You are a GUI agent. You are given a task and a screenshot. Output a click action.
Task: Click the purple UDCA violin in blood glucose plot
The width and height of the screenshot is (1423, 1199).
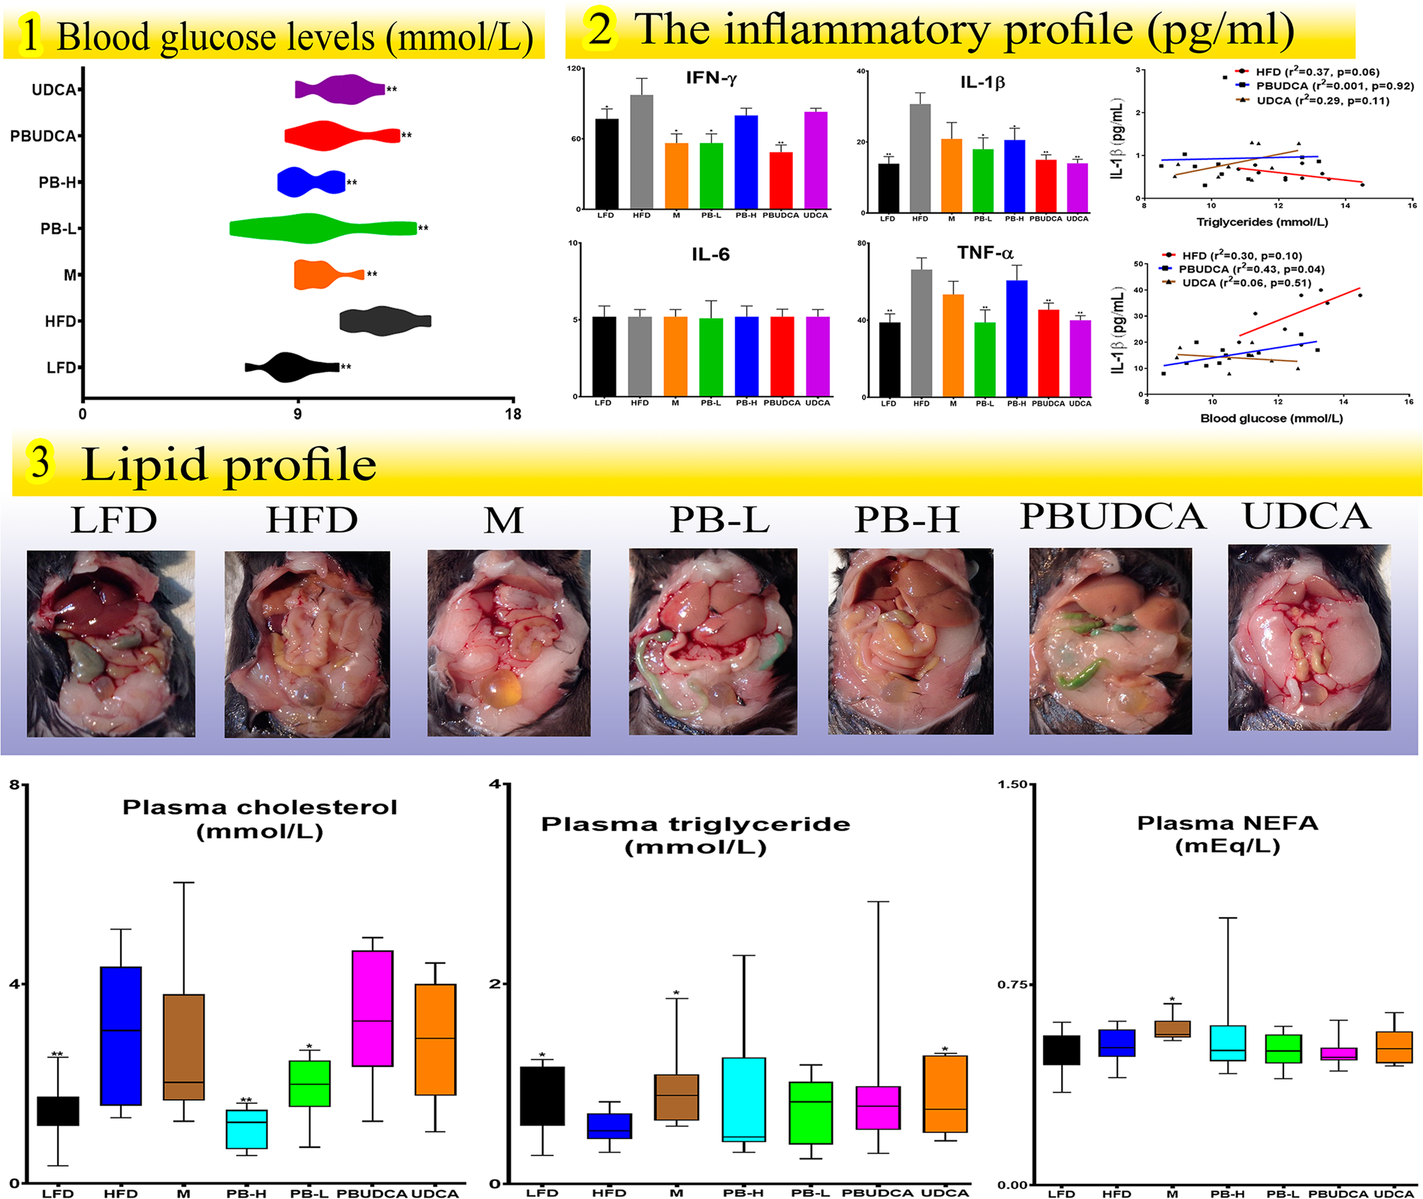(x=339, y=89)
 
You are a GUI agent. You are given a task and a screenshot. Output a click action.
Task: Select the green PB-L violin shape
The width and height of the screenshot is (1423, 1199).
(x=315, y=228)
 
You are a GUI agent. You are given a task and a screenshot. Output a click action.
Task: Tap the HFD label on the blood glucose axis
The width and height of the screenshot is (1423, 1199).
(x=60, y=322)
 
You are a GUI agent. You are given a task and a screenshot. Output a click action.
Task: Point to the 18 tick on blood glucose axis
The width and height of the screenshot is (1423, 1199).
(x=513, y=414)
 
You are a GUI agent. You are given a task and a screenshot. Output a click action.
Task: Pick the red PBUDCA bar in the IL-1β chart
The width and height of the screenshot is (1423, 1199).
(x=1045, y=186)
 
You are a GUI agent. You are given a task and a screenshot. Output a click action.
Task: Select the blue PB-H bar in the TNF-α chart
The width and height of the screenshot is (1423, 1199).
(x=1016, y=338)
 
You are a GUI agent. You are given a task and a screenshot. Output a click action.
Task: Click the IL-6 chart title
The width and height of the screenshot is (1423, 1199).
(x=710, y=255)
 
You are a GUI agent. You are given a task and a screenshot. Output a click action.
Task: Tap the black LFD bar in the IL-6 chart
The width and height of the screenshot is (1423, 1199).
(x=604, y=356)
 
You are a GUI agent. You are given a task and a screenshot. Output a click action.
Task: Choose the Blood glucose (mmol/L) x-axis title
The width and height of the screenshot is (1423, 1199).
(x=1271, y=418)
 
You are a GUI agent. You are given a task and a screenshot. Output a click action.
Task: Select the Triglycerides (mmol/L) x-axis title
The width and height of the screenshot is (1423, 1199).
(x=1262, y=222)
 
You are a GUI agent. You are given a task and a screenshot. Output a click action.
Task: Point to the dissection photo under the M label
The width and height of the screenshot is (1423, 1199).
(x=508, y=642)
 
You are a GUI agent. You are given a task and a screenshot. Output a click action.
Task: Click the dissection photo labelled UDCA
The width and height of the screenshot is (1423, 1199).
(x=1309, y=637)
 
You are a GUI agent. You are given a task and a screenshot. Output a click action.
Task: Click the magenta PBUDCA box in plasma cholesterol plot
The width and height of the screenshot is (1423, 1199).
(x=372, y=1008)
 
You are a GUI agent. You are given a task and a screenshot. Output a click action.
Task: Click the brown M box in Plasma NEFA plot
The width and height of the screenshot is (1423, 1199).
(x=1172, y=1029)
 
